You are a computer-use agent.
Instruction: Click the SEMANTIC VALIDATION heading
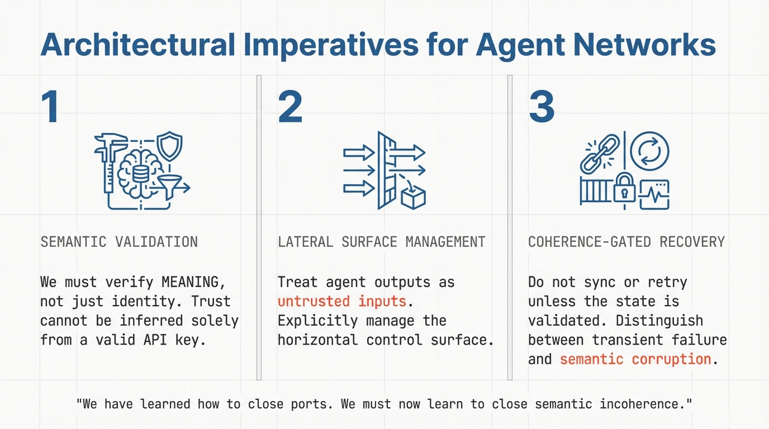119,242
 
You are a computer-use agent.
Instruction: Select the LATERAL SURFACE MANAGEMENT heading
381,242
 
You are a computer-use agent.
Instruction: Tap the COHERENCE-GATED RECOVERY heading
626,242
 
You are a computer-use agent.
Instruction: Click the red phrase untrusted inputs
341,301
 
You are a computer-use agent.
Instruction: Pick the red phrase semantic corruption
635,359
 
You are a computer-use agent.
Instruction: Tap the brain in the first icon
137,173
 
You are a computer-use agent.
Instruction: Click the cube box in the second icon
414,197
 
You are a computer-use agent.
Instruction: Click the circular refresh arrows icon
650,151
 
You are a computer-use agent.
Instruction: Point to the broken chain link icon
600,152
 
